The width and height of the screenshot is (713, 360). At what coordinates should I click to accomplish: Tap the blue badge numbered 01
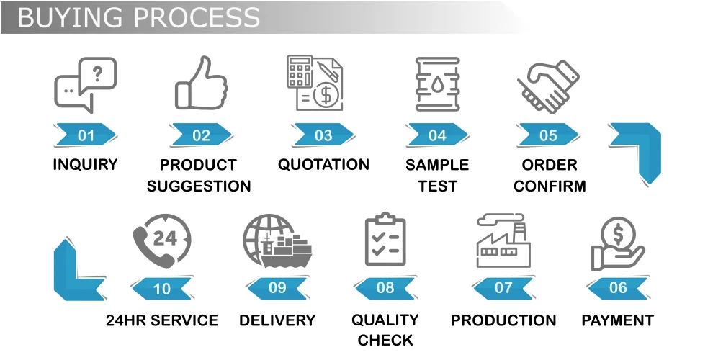point(86,135)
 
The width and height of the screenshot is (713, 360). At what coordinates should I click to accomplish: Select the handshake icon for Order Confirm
point(549,85)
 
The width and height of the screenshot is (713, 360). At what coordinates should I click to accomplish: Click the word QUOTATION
point(323,165)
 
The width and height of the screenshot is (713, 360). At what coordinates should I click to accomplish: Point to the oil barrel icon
point(437,84)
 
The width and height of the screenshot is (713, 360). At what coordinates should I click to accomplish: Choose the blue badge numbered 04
point(437,135)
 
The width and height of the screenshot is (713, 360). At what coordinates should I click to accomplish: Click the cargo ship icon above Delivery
point(277,243)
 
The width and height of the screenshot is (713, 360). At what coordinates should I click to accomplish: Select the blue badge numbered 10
point(162,288)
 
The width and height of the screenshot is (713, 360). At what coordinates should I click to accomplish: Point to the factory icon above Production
point(503,243)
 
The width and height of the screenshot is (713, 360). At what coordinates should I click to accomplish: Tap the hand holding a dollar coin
point(617,245)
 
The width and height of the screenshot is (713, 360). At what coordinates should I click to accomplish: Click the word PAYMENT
point(617,320)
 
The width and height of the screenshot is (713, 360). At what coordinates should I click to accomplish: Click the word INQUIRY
point(85,165)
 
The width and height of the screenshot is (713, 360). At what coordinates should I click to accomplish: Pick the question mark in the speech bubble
point(99,72)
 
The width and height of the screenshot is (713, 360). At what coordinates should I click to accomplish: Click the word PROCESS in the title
point(190,17)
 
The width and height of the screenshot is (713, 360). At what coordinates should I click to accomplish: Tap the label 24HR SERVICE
point(162,320)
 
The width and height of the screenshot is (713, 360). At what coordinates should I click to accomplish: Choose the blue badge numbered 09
point(277,288)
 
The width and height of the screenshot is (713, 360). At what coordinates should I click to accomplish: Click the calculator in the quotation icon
point(299,71)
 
